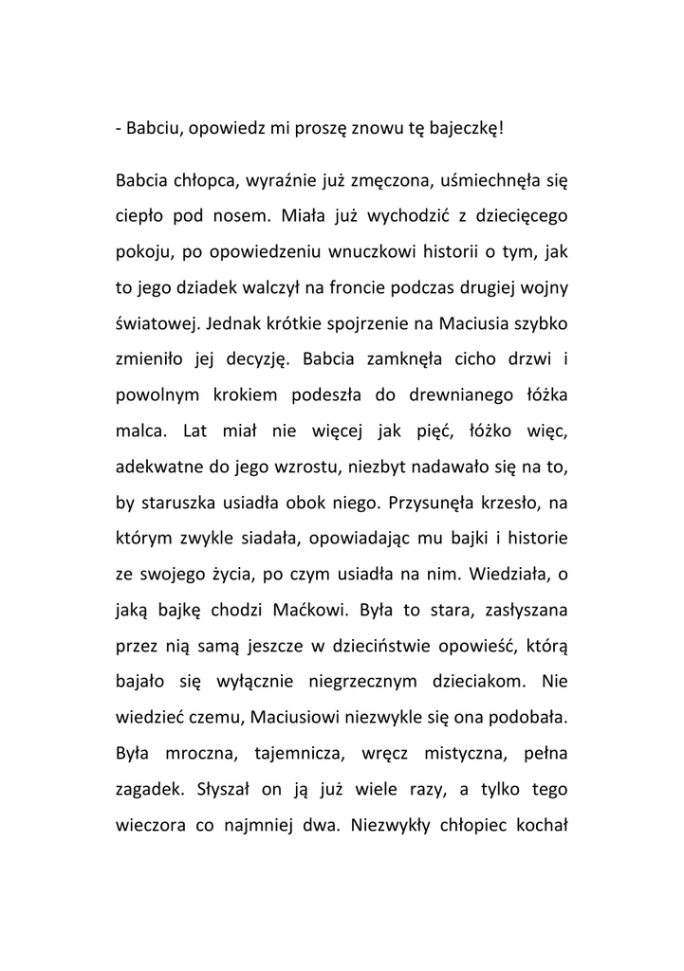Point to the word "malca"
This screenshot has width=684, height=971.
[x=139, y=431]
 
